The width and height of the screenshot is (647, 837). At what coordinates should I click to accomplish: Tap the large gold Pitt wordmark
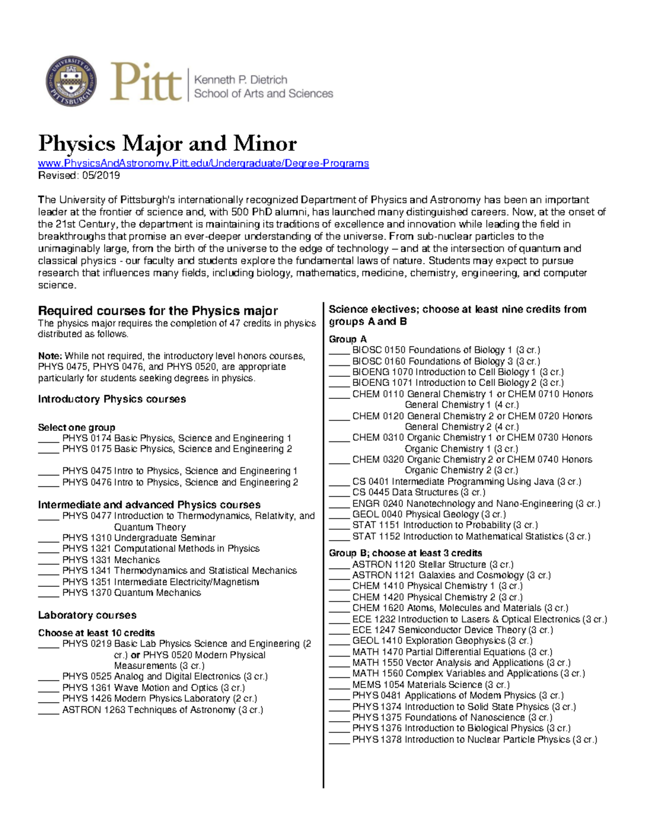[146, 82]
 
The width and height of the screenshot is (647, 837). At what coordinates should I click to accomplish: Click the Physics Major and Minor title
[167, 143]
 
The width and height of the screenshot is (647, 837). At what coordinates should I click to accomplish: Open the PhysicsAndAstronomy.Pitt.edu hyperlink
[203, 163]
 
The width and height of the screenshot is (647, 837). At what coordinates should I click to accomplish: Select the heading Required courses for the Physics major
[157, 311]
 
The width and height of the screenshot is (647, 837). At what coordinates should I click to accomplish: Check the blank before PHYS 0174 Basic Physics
[48, 439]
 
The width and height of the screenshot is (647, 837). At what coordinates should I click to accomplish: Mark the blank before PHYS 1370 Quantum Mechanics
[48, 593]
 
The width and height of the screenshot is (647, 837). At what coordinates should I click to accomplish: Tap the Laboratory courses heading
[87, 615]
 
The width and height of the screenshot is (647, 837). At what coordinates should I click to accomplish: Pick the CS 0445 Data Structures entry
[418, 493]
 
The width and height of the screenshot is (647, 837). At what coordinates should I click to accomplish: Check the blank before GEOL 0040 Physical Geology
[339, 515]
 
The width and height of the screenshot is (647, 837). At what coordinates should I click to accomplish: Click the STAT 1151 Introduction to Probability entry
[445, 525]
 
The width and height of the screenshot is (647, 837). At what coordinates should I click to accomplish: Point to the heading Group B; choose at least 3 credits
[405, 553]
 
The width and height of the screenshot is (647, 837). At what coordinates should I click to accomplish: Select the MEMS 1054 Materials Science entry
[431, 684]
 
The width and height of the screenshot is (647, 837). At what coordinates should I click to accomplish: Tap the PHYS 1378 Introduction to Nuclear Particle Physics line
[474, 739]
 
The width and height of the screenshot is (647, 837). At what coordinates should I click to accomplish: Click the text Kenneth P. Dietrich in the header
[240, 80]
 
